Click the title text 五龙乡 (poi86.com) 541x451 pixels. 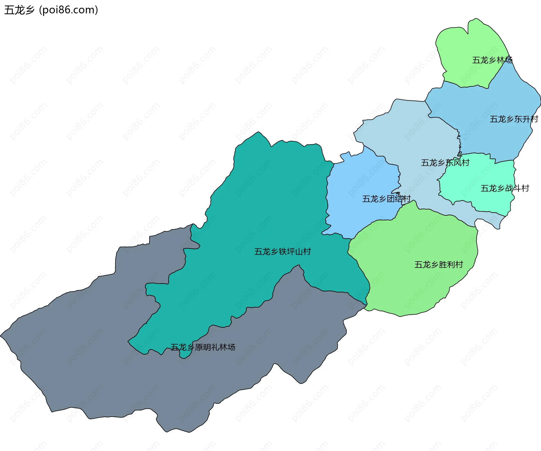[x=51, y=10]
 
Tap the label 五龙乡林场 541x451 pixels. [x=492, y=60]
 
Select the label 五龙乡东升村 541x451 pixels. [x=514, y=119]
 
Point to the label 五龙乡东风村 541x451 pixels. [x=445, y=163]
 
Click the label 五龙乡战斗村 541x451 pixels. [x=505, y=188]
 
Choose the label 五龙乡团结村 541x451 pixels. [x=386, y=199]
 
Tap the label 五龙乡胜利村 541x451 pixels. [x=438, y=264]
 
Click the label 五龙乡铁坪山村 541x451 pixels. [x=282, y=251]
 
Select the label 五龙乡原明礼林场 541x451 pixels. [x=203, y=347]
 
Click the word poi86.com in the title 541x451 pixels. [x=69, y=10]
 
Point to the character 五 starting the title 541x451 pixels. [x=9, y=10]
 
